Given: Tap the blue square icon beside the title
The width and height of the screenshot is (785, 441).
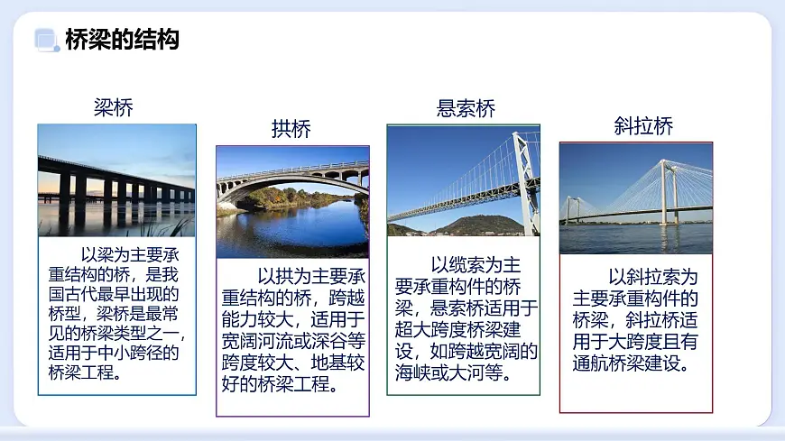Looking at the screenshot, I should pos(45,39).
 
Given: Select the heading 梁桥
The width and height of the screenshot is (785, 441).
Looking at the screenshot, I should pos(114,109).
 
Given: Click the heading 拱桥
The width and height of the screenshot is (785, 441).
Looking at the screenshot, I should pos(291,129).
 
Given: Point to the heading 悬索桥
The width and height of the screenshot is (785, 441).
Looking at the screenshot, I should pos(466,110).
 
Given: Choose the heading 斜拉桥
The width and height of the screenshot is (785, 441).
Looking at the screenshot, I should pos(642,126).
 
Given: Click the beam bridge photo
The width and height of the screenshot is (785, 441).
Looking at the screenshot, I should pos(116,180).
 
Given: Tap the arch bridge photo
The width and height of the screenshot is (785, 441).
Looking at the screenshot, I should pos(292,202).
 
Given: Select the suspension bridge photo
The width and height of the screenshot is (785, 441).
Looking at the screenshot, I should pos(464,180).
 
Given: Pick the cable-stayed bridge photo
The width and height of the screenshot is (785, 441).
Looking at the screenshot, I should pos(636,198).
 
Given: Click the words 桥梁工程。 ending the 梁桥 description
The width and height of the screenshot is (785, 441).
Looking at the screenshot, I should pos(87,372).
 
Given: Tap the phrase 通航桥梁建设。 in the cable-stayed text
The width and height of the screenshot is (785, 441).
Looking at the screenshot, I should pos(632,363).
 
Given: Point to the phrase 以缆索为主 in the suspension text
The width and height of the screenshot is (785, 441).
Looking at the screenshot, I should pos(476,265).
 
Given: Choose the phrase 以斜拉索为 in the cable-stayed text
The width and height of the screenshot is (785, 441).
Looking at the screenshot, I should pos(652,277).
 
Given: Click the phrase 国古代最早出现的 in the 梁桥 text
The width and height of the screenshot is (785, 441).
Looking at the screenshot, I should pos(115,293).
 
